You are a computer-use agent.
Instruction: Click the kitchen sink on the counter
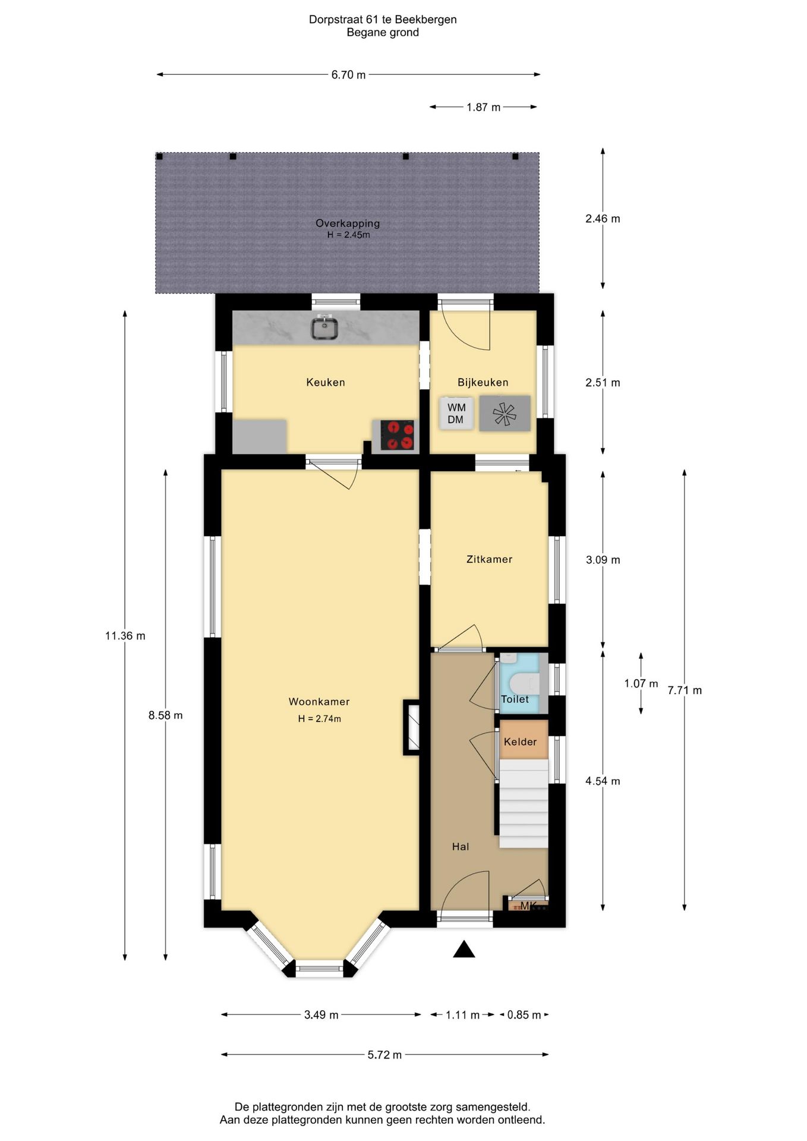coord(324,328)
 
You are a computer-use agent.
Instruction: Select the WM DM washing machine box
coord(456,413)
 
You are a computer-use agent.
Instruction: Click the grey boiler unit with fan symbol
coord(505,413)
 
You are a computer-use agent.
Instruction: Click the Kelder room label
coord(520,742)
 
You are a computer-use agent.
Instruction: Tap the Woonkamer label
coord(319,702)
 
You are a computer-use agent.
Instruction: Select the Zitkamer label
coord(489,559)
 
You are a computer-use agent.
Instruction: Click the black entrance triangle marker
coord(464,949)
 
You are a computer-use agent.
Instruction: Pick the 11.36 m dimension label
coord(125,636)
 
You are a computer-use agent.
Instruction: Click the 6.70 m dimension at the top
coord(348,75)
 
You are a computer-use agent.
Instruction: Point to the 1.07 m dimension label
coord(641,683)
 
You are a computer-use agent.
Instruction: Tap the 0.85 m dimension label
coord(524,1015)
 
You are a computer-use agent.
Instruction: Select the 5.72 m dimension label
coord(384,1055)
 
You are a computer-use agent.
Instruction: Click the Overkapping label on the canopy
coord(348,223)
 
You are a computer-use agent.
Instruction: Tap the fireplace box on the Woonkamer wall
coord(412,727)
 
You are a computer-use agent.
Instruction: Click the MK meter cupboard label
coord(528,906)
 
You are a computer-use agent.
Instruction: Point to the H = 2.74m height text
coord(320,719)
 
